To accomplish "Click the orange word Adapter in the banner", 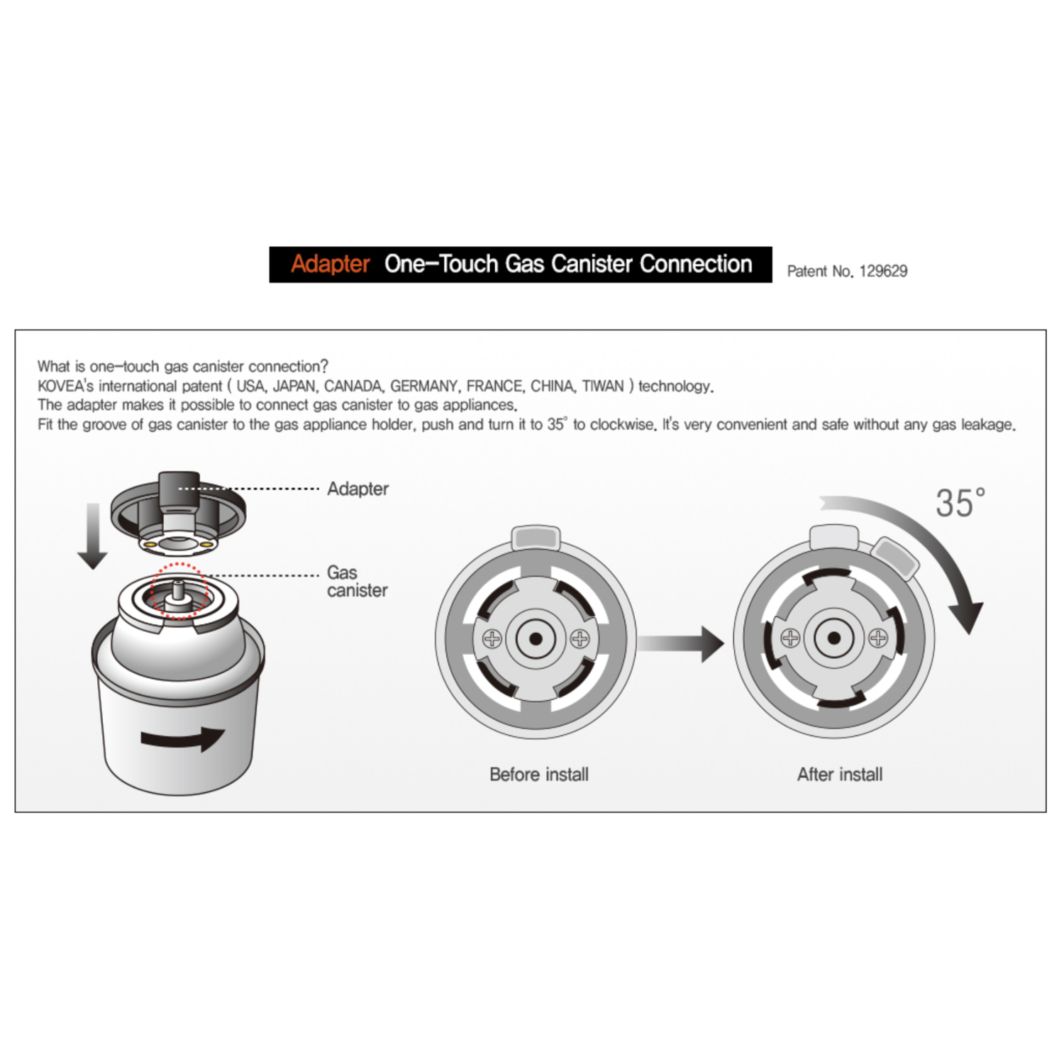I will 330,264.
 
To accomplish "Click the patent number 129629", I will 883,271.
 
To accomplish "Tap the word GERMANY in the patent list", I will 423,387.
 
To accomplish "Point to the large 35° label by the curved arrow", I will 960,503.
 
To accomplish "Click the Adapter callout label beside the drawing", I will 358,489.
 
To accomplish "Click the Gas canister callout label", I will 357,582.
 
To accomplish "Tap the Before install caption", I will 539,774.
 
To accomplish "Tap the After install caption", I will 840,774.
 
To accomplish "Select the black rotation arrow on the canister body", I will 183,738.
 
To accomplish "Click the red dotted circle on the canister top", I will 179,591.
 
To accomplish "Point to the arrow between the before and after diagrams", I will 680,643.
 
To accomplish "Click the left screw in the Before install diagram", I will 492,638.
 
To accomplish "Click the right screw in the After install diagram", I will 878,638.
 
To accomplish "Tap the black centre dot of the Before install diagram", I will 536,639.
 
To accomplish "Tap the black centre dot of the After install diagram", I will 834,638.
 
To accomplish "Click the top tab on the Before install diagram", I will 536,537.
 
